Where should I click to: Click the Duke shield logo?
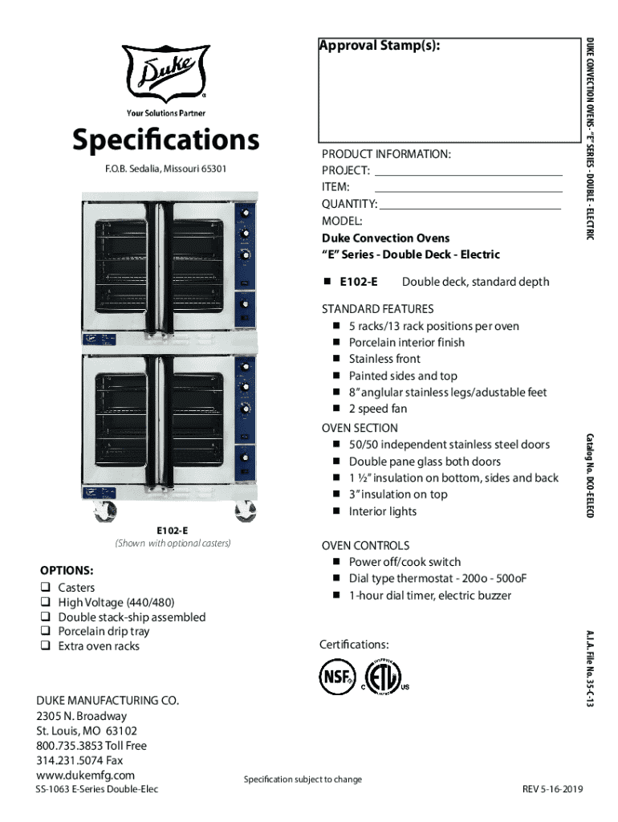(165, 73)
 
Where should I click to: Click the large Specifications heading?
(165, 140)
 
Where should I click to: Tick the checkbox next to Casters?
(46, 587)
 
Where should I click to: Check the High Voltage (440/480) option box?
(46, 601)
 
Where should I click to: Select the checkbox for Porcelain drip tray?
(46, 630)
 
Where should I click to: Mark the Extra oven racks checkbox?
(46, 645)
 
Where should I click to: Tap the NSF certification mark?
(337, 677)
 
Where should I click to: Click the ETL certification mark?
(383, 677)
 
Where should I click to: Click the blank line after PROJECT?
(469, 174)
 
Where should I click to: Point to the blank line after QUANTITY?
(470, 209)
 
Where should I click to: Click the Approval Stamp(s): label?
(380, 46)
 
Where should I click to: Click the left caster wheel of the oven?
(104, 511)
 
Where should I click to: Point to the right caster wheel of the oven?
(246, 511)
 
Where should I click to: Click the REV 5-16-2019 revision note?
(552, 789)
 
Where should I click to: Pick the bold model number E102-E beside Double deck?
(359, 282)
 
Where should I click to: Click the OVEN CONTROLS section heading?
(365, 545)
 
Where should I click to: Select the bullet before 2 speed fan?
(336, 408)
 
